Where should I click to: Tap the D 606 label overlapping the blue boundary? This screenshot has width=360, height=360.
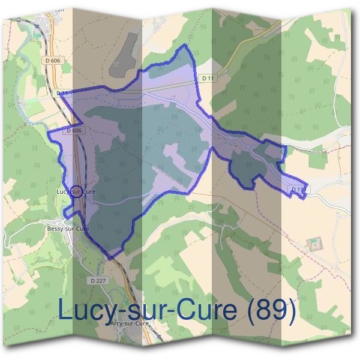74,130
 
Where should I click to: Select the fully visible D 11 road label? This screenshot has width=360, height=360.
208,78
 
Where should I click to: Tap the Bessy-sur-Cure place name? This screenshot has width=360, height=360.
67,229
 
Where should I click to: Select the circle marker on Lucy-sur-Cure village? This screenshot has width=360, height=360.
76,192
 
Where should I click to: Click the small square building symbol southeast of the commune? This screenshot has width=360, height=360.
313,244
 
